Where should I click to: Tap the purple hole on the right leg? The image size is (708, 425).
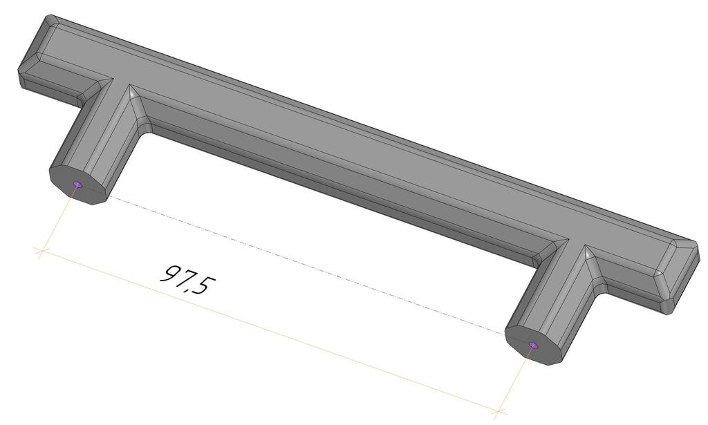pyautogui.click(x=532, y=345)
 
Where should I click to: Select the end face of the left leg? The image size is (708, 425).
pyautogui.click(x=80, y=185)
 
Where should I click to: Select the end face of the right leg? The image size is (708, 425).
pyautogui.click(x=536, y=346)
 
